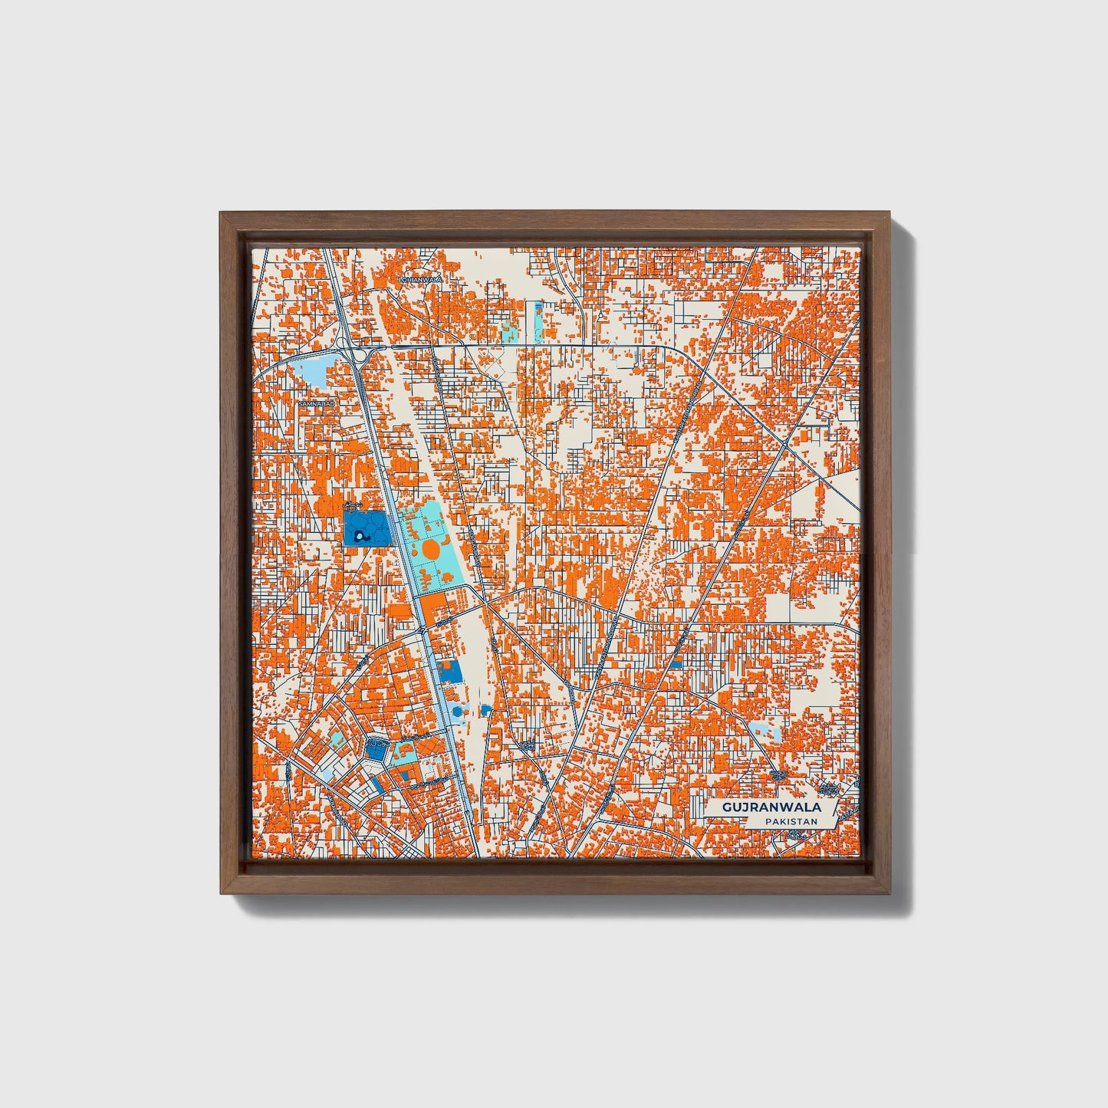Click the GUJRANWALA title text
tap(771, 807)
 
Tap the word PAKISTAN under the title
tap(790, 821)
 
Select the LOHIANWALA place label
tap(419, 280)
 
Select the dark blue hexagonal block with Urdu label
tap(376, 749)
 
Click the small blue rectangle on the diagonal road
tap(677, 662)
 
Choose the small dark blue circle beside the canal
tap(457, 712)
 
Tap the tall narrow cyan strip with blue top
tap(537, 321)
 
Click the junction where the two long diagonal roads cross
tap(787, 446)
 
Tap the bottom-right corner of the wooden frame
tap(889, 893)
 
